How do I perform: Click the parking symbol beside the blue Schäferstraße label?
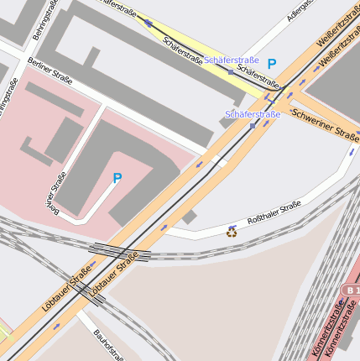(x=271, y=63)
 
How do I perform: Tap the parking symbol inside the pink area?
(x=117, y=178)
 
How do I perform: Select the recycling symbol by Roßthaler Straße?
(x=232, y=232)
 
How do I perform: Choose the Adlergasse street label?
(x=300, y=10)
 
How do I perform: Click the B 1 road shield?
(x=350, y=290)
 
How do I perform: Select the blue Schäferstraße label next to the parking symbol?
(x=231, y=60)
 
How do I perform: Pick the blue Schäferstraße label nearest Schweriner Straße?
(x=253, y=113)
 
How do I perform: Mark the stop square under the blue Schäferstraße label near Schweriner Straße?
(x=253, y=126)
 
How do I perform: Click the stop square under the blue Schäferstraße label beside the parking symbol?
(x=231, y=71)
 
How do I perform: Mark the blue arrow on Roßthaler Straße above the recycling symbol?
(x=232, y=226)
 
